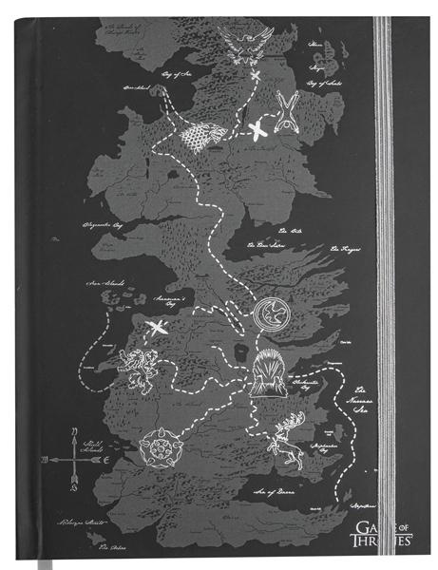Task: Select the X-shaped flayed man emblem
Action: pyautogui.click(x=285, y=116)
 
